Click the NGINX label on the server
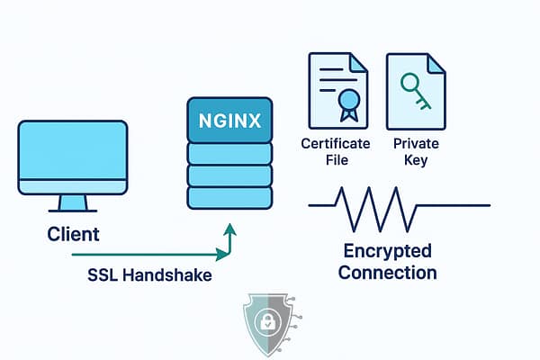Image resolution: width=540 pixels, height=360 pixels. pyautogui.click(x=229, y=120)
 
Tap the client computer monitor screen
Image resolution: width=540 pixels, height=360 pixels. pyautogui.click(x=73, y=153)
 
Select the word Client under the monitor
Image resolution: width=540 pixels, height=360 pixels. pyautogui.click(x=73, y=235)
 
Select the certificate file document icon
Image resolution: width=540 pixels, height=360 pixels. pyautogui.click(x=337, y=90)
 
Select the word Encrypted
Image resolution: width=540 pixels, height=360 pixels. pyautogui.click(x=388, y=250)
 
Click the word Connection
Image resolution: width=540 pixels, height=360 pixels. pyautogui.click(x=388, y=272)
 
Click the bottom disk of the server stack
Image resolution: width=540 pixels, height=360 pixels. pyautogui.click(x=229, y=197)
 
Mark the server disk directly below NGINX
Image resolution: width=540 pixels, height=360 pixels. pyautogui.click(x=229, y=152)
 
